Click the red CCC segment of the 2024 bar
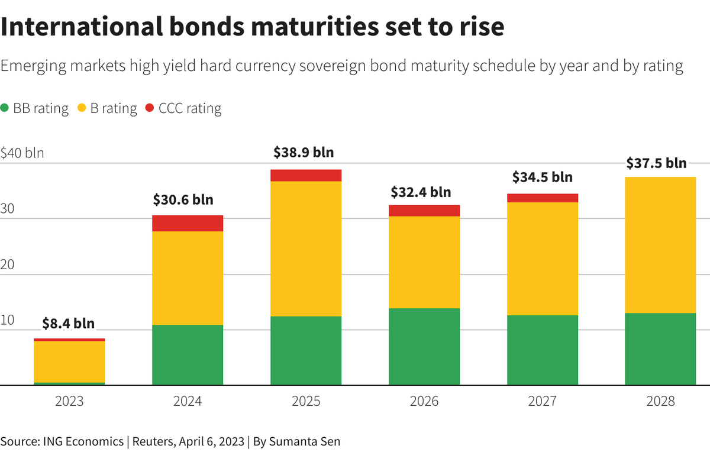[188, 223]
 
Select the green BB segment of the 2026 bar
[424, 347]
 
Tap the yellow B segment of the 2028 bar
[660, 245]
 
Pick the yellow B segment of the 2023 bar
[69, 362]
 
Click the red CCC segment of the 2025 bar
[306, 175]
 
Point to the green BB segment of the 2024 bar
[188, 355]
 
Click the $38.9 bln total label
[304, 152]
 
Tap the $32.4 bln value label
[421, 192]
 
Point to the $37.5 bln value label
[657, 163]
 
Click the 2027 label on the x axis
[542, 401]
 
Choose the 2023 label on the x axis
[69, 401]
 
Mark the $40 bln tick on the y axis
[22, 153]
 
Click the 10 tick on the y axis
[8, 320]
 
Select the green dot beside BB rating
[5, 108]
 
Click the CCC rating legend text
[190, 108]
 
